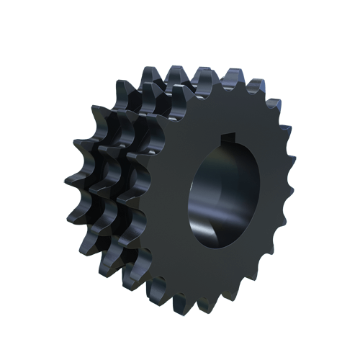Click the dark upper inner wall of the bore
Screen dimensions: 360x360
[216, 155]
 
